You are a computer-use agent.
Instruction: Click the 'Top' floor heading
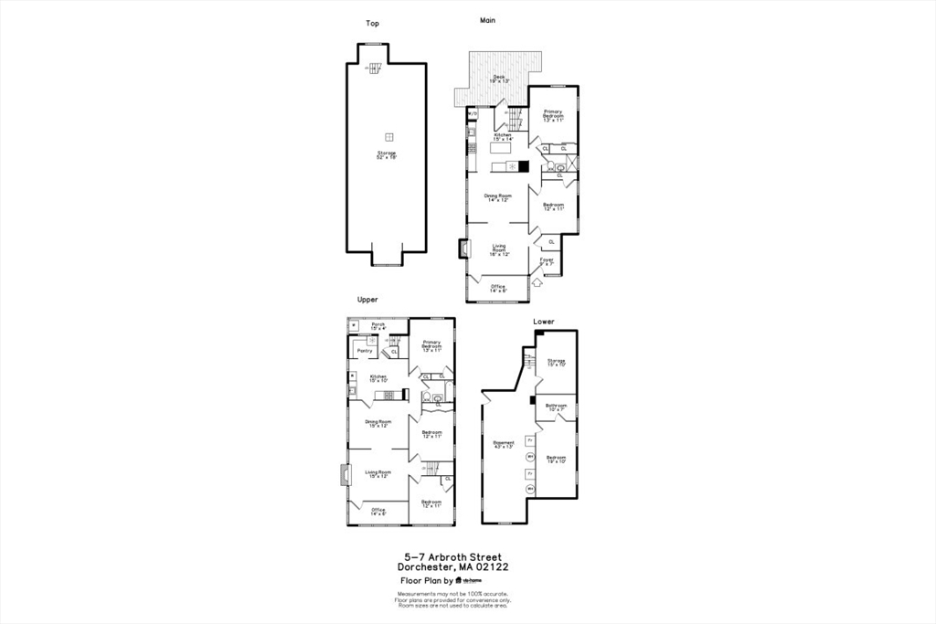[372, 24]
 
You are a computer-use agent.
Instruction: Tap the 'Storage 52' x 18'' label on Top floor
[386, 155]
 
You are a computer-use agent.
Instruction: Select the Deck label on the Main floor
[499, 79]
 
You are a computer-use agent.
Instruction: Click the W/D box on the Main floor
[473, 114]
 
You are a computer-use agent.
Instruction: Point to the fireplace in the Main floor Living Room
[463, 250]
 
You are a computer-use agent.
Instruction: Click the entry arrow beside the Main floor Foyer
[537, 283]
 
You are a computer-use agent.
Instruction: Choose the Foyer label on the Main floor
[547, 261]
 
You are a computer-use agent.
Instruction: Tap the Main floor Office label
[497, 288]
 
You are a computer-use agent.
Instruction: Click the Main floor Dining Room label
[498, 197]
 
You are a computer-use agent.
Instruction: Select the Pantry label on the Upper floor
[364, 350]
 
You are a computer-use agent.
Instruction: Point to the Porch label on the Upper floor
[378, 325]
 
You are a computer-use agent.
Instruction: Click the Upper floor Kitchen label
[378, 377]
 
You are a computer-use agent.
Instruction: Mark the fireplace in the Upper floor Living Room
[344, 476]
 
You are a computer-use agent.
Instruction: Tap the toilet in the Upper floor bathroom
[427, 397]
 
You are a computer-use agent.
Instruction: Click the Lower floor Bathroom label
[556, 407]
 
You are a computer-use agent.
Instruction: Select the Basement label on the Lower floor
[504, 445]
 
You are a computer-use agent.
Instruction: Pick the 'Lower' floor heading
[545, 322]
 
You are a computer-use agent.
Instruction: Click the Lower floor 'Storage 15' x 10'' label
[556, 363]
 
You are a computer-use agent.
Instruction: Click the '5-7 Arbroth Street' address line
[453, 556]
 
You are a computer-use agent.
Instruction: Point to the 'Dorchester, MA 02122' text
[453, 566]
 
